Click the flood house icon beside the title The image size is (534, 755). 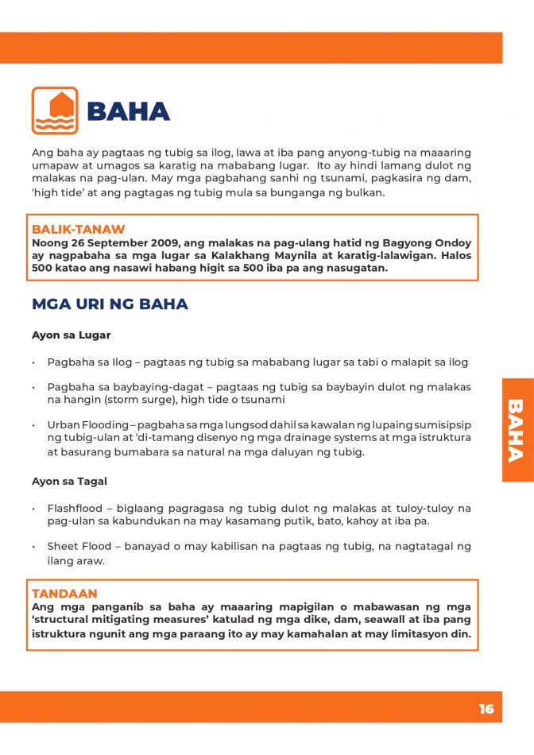coord(55,110)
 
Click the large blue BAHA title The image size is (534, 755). coord(128,112)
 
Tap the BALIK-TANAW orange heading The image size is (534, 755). coord(78,230)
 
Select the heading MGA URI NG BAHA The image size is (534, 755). coord(110,304)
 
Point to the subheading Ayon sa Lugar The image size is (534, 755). coord(71,335)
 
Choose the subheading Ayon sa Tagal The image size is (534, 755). coord(69,482)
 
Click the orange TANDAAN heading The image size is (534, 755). coord(64,594)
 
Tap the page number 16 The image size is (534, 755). coord(486,709)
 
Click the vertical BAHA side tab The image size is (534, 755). coord(517,430)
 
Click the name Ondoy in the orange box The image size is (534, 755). coord(452,242)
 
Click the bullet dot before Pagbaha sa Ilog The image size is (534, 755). coord(35,362)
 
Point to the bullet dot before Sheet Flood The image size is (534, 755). coord(35,548)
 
